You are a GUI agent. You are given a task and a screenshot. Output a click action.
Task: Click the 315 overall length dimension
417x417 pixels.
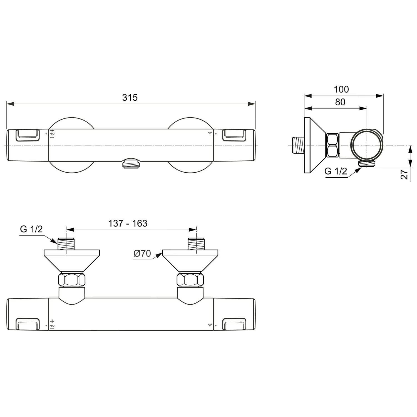pos(130,98)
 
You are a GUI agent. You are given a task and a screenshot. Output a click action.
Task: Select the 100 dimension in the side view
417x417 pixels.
pos(341,89)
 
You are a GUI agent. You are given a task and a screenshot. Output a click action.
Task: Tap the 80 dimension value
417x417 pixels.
pos(340,102)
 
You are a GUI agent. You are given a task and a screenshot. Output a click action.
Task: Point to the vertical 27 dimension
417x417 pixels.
pos(404,175)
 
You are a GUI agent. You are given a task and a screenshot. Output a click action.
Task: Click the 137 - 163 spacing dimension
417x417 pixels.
pos(128,223)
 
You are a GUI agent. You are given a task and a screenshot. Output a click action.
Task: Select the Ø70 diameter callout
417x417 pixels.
pos(142,254)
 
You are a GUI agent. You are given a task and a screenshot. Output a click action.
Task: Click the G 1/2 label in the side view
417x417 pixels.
pos(336,171)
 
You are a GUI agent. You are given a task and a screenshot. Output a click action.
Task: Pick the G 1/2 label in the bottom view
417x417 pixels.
pos(31,229)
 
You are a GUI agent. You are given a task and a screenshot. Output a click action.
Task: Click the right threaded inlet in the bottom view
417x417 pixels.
pos(196,244)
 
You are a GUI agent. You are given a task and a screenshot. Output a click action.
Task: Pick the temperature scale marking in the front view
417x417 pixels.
pos(52,134)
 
